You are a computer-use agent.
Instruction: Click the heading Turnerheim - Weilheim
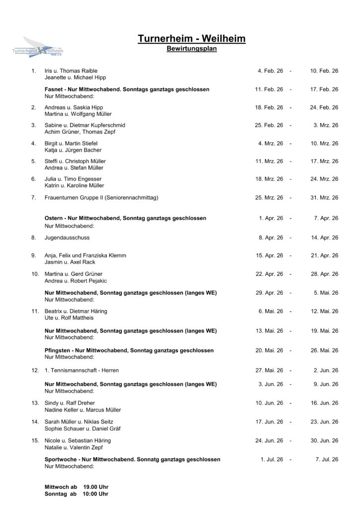[191, 39]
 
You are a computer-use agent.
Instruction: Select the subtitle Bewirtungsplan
[191, 49]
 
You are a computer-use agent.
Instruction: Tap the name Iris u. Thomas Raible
[71, 71]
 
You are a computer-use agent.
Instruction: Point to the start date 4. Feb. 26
[270, 71]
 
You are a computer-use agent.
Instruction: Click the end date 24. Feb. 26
[324, 107]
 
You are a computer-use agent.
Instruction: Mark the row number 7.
[33, 198]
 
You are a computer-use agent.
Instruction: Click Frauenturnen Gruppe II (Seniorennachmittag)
[101, 198]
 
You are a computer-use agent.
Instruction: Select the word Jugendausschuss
[67, 238]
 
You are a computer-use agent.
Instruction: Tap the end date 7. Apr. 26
[326, 218]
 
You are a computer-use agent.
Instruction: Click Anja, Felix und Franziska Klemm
[86, 255]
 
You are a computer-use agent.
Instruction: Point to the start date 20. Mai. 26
[269, 350]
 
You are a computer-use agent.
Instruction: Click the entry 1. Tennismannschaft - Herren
[82, 370]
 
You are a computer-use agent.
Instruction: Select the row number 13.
[35, 403]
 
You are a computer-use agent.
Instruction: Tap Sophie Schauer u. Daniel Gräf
[83, 428]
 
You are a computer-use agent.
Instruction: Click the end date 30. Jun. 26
[324, 441]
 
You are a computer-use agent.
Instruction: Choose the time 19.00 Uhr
[95, 487]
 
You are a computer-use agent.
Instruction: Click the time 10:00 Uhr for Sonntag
[95, 494]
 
